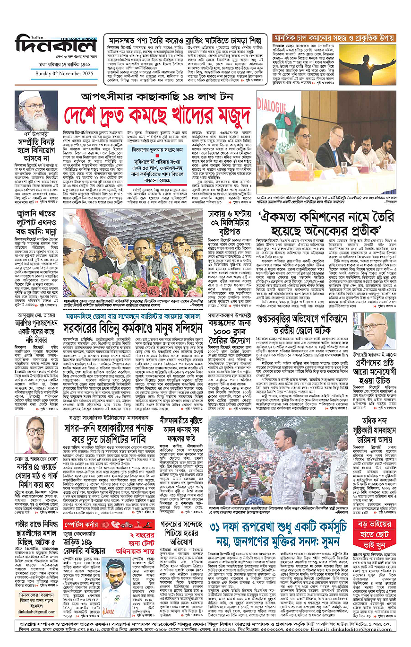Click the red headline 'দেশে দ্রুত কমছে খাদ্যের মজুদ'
158,114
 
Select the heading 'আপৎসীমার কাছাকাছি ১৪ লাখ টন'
157,97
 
